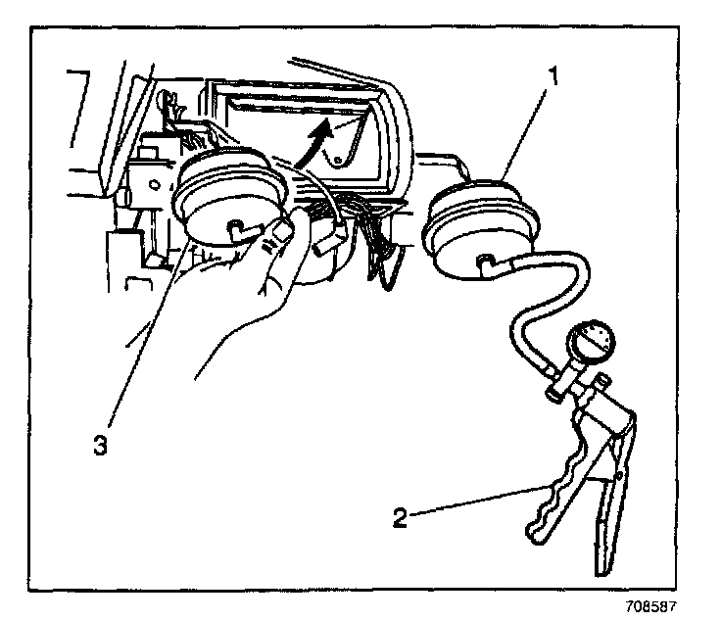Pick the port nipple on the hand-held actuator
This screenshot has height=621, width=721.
(x=235, y=228)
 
